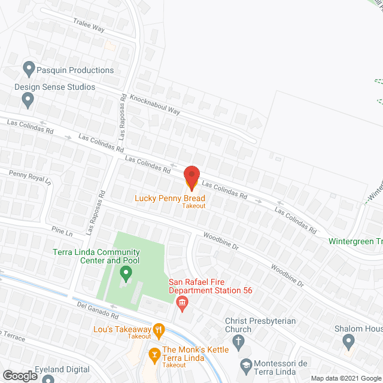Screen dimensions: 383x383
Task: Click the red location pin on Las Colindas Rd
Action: click(191, 177)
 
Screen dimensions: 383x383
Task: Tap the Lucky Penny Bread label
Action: click(170, 198)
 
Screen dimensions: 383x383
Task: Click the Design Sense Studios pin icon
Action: click(28, 101)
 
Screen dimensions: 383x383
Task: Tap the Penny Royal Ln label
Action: click(31, 177)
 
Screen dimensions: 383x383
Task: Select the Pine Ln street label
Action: click(62, 230)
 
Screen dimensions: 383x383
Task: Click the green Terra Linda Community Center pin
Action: click(126, 274)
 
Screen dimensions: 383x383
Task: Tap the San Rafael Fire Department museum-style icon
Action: click(183, 304)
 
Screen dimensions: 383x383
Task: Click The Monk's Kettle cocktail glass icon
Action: click(154, 354)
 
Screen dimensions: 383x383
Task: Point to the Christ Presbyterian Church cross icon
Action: click(238, 343)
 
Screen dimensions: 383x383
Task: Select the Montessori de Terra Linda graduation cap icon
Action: click(245, 364)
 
